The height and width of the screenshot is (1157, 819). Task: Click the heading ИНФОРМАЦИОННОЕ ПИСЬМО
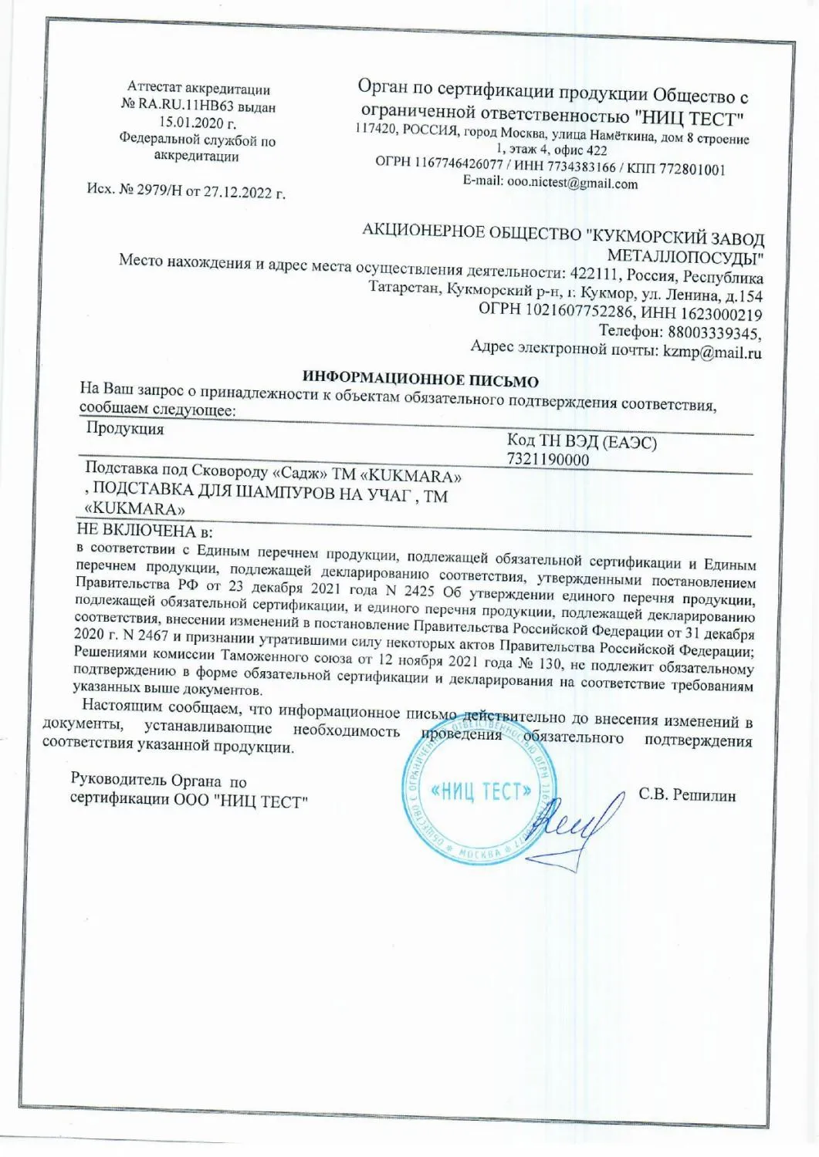(x=420, y=379)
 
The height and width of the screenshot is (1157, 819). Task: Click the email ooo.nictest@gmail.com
(x=572, y=184)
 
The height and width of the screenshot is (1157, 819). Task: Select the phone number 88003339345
(x=714, y=332)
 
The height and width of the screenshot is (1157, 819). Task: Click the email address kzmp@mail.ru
(x=712, y=353)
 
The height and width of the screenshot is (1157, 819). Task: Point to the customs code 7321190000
(x=547, y=460)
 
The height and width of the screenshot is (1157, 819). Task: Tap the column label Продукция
(x=124, y=429)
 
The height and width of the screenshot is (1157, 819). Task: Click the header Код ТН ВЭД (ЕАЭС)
(x=581, y=442)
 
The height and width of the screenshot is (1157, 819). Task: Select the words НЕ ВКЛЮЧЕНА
(x=137, y=531)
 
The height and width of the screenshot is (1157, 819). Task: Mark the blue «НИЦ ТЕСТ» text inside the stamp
(x=481, y=791)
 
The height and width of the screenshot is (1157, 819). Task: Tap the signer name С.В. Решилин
(x=687, y=794)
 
